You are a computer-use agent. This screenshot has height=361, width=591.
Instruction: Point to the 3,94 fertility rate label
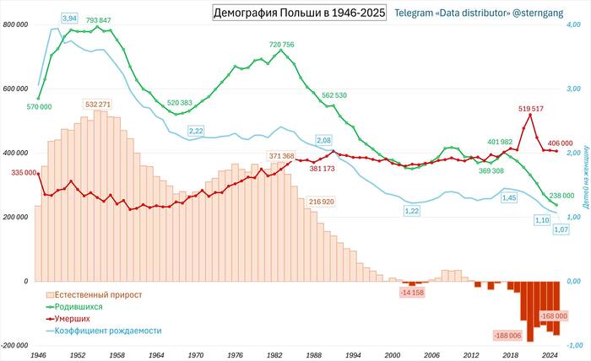pos(70,18)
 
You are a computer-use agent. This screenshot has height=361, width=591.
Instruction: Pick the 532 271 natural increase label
pos(98,105)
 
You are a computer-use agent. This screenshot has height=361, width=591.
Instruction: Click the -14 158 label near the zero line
pos(414,292)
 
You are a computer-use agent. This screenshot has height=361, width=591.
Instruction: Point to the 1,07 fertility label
pos(561,229)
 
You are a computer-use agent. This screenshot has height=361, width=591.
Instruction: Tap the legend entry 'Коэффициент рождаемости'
pos(107,331)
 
